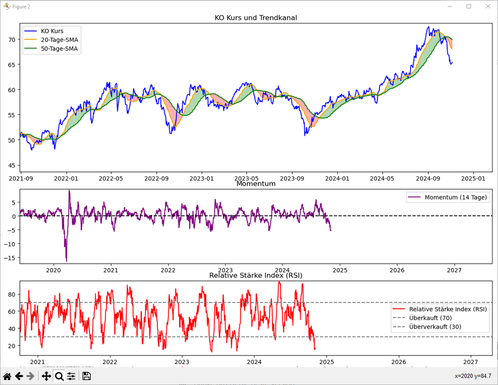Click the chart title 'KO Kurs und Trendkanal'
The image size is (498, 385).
coord(256,18)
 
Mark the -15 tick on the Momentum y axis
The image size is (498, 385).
coord(11,257)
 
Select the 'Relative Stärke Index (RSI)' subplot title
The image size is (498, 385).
coord(256,275)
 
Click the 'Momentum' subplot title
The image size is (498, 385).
coord(256,184)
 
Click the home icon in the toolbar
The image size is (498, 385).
coord(7,376)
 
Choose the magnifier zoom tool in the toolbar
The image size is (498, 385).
coord(59,376)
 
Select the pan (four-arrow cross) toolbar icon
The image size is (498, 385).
coord(46,376)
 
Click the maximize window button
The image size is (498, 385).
coord(469,6)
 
